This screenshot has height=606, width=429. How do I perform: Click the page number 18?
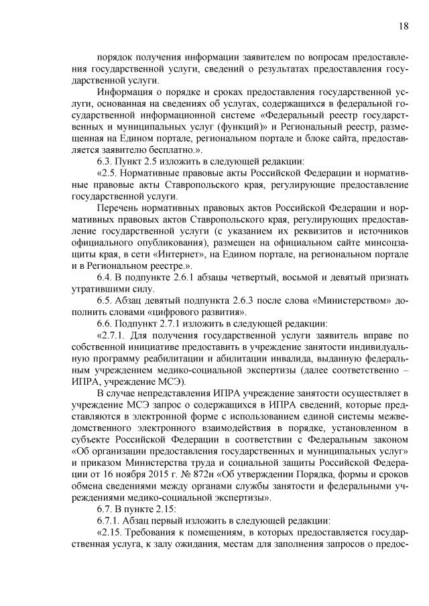coord(402,26)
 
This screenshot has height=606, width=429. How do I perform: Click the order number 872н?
coord(187,486)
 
